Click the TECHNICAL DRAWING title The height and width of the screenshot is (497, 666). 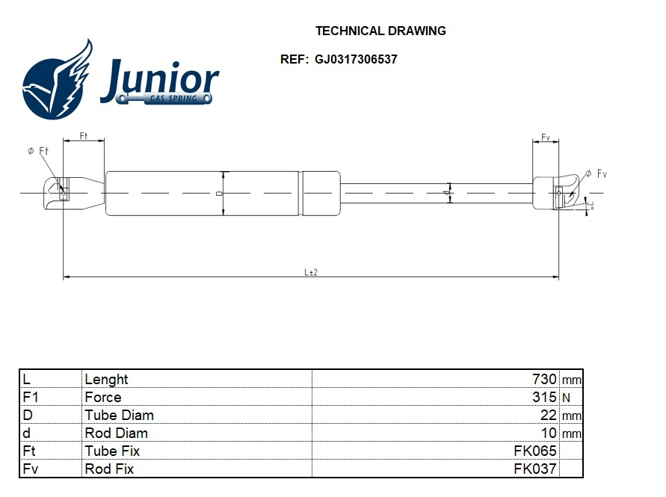pos(380,31)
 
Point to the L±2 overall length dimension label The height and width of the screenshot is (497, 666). pos(311,273)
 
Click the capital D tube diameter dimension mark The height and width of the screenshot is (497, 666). pos(218,193)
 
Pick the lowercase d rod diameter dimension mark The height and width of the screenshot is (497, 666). pos(446,193)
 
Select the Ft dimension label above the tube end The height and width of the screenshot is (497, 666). pos(83,135)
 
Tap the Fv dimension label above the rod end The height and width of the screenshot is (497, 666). pos(546,138)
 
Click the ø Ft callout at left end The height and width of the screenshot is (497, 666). pos(38,151)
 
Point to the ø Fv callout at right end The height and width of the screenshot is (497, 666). pos(596,173)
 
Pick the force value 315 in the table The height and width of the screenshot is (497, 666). pos(543,398)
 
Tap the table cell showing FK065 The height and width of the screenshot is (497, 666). pos(536,451)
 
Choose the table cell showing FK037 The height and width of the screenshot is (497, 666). pos(536,469)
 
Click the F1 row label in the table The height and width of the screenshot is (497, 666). pos(31,398)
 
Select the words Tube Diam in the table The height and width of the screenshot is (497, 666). pos(120,416)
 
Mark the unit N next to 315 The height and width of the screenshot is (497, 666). pos(565,398)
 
